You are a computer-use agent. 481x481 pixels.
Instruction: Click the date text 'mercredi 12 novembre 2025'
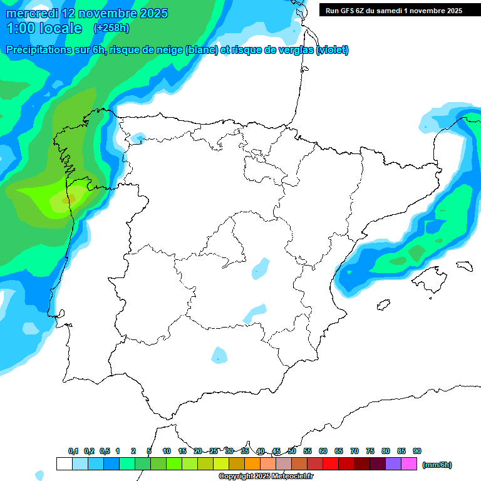87,13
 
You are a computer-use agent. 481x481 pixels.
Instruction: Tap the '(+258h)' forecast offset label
111,28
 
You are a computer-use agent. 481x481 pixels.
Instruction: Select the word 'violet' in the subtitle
331,50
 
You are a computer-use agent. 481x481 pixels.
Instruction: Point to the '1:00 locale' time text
44,28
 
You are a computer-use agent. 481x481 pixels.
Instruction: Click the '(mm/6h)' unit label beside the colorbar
437,465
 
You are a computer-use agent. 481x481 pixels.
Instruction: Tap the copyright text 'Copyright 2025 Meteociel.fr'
274,477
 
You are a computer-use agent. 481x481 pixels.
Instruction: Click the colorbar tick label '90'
417,452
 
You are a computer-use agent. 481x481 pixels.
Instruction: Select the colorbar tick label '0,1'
73,452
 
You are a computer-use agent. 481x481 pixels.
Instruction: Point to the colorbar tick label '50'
292,452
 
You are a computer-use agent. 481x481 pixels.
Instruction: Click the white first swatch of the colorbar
64,464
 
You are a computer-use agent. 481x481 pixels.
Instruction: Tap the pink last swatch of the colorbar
409,464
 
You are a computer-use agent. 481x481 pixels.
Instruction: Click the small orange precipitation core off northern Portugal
71,199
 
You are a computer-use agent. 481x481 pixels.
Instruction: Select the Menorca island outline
465,266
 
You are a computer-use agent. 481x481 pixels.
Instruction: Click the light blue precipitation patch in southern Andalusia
219,355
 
